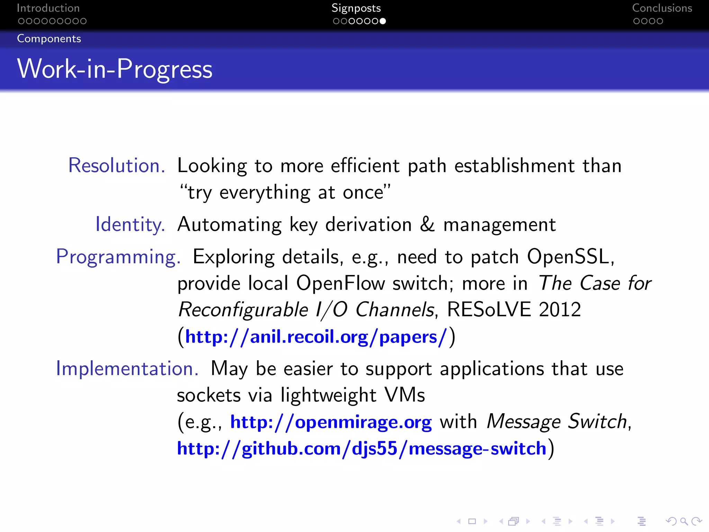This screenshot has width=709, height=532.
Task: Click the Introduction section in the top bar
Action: pos(48,8)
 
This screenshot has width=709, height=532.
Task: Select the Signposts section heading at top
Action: pos(356,8)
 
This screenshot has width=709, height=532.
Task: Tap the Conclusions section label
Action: pos(662,8)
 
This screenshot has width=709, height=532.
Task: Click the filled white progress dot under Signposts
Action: pos(383,21)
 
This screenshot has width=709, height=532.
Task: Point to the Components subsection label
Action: pos(49,39)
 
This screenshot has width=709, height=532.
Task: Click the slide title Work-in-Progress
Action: pos(115,69)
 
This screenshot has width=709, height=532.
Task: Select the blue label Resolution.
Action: pos(117,166)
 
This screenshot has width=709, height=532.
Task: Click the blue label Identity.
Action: pos(130,224)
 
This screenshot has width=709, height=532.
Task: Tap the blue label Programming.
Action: pos(118,257)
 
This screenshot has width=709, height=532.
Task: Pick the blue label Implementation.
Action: pos(127,369)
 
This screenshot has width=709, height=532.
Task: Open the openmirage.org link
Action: pos(331,422)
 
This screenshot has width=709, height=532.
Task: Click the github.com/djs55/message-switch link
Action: pos(361,449)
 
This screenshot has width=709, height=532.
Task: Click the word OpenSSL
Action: pos(570,257)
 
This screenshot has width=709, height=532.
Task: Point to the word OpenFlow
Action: pos(340,283)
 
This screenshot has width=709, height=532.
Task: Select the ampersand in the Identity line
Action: pos(427,224)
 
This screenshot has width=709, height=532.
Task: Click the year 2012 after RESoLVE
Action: pos(560,310)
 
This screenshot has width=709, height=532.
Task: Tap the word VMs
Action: pos(405,395)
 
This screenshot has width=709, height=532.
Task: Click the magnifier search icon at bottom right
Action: pos(683,521)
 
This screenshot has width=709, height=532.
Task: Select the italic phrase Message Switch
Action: pos(557,422)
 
